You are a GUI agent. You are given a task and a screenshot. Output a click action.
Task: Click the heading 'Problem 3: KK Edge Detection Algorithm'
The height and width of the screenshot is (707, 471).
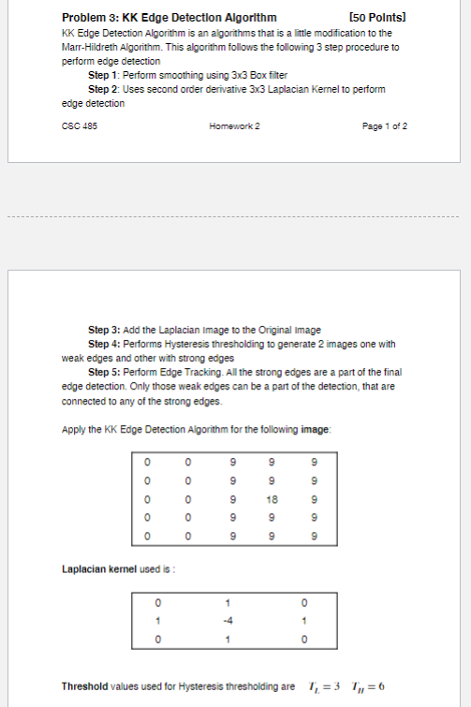[x=169, y=18]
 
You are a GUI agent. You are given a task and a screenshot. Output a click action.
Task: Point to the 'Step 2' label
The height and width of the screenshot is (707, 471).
[x=104, y=89]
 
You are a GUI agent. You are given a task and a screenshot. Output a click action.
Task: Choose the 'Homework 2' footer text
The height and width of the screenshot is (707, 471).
[x=235, y=125]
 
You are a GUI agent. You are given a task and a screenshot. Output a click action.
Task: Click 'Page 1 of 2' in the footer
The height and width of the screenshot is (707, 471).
[x=384, y=125]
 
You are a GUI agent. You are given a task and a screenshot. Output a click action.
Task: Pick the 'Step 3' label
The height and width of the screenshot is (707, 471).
[x=104, y=330]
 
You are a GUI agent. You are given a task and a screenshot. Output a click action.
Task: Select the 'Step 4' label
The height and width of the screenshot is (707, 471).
[x=104, y=344]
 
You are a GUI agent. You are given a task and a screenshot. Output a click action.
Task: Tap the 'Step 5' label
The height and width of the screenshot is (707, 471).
[x=104, y=372]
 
